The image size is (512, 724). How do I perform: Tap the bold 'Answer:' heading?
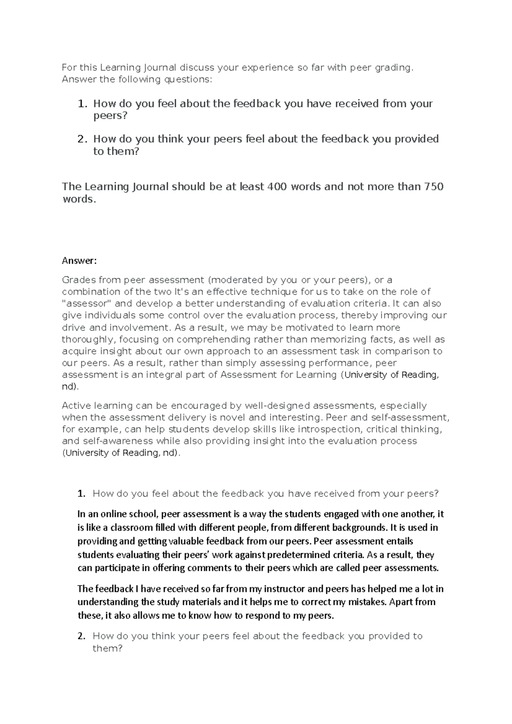click(79, 261)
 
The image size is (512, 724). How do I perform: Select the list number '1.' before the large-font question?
click(83, 104)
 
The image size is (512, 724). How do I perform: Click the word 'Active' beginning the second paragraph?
click(76, 405)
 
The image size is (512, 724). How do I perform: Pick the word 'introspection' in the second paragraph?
click(330, 429)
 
